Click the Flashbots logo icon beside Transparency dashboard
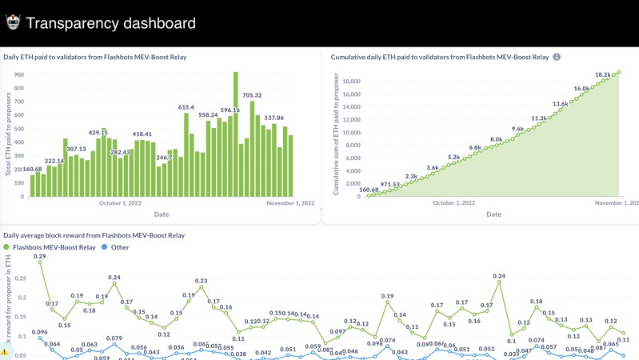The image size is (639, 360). point(13,22)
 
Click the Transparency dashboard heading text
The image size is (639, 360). point(110,23)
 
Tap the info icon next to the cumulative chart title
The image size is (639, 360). point(557,57)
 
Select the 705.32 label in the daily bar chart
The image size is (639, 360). point(252,95)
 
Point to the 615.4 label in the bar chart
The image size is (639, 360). point(186,107)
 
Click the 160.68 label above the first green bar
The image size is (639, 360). point(33,170)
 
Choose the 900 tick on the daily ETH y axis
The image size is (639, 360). point(18,74)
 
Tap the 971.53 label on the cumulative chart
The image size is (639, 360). point(389,185)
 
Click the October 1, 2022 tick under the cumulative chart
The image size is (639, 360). point(453,203)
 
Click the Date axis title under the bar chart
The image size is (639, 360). point(161,214)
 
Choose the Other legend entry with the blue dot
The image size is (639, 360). point(116,247)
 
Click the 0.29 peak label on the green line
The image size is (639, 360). point(39,256)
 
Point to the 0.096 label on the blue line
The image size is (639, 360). point(39,332)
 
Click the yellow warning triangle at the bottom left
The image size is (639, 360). point(4,351)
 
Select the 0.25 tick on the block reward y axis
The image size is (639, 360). point(21,279)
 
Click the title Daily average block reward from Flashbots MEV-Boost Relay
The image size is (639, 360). point(94,235)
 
